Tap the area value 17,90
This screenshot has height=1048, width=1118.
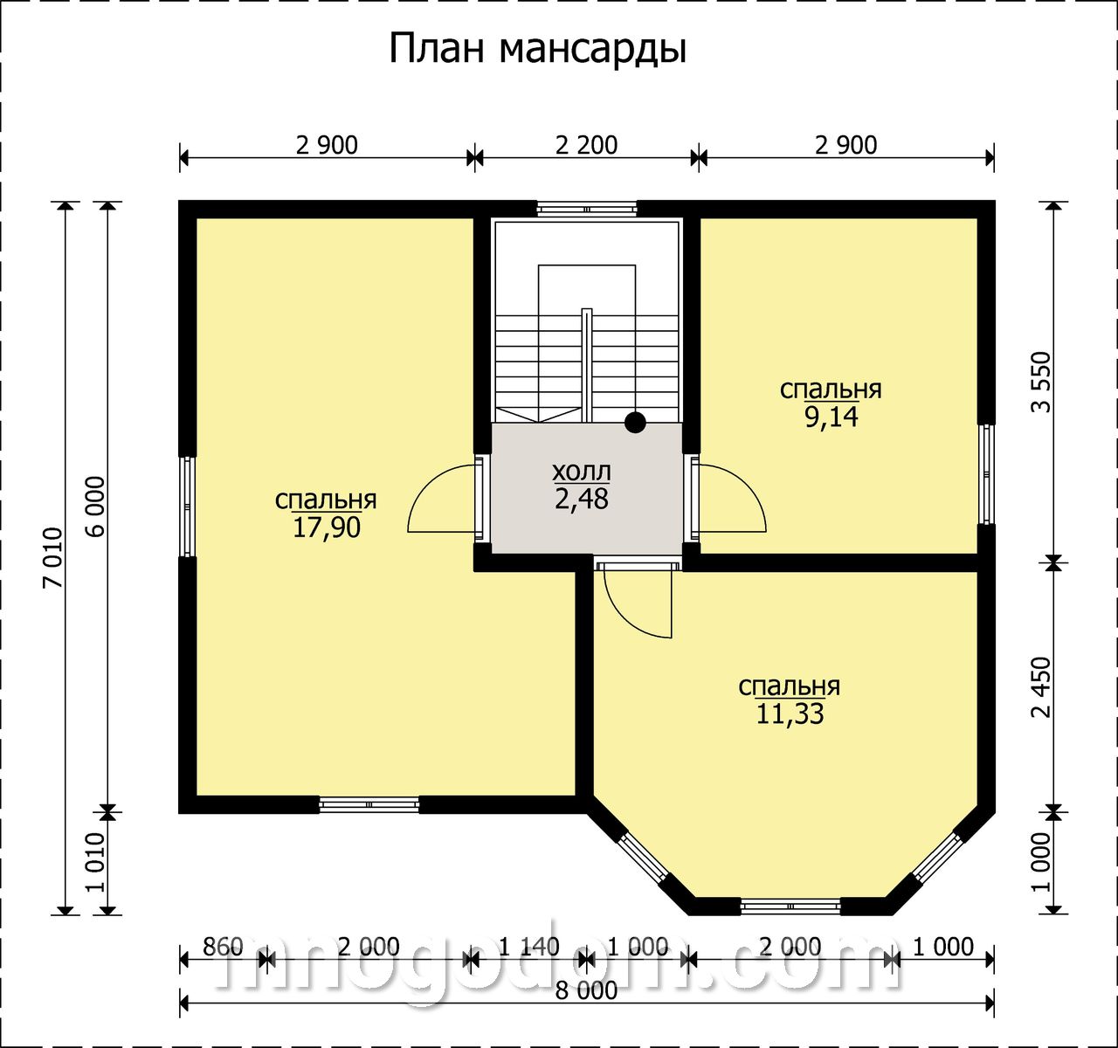coord(327,527)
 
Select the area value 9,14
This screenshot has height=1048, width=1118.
coord(832,417)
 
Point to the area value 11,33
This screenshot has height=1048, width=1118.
coord(790,714)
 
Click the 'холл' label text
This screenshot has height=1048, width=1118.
coord(582,472)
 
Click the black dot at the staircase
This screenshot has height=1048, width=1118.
coord(635,423)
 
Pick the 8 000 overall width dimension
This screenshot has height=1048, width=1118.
coord(587,990)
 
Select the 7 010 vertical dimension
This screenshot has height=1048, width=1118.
coord(53,558)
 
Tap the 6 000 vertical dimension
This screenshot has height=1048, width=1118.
coord(96,507)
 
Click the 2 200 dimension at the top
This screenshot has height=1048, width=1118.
coord(587,145)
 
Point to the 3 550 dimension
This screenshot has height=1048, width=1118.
coord(1041,383)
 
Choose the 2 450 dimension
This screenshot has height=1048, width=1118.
coord(1041,687)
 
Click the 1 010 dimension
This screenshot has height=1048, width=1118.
coord(96,862)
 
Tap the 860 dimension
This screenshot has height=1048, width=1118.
coord(223,948)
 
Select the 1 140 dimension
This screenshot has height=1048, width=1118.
coord(529,948)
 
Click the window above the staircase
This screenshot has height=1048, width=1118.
coord(587,210)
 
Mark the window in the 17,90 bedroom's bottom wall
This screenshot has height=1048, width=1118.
coord(369,804)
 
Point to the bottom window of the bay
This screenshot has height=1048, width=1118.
coord(790,907)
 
